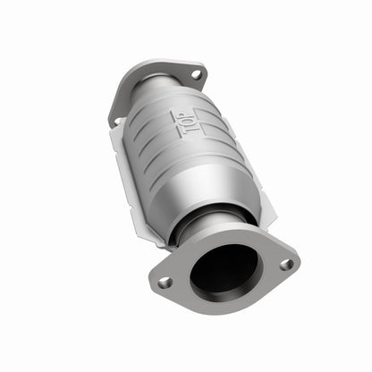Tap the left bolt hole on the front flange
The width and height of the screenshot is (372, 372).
click(x=165, y=282)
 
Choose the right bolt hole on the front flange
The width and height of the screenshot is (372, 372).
click(x=285, y=264)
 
